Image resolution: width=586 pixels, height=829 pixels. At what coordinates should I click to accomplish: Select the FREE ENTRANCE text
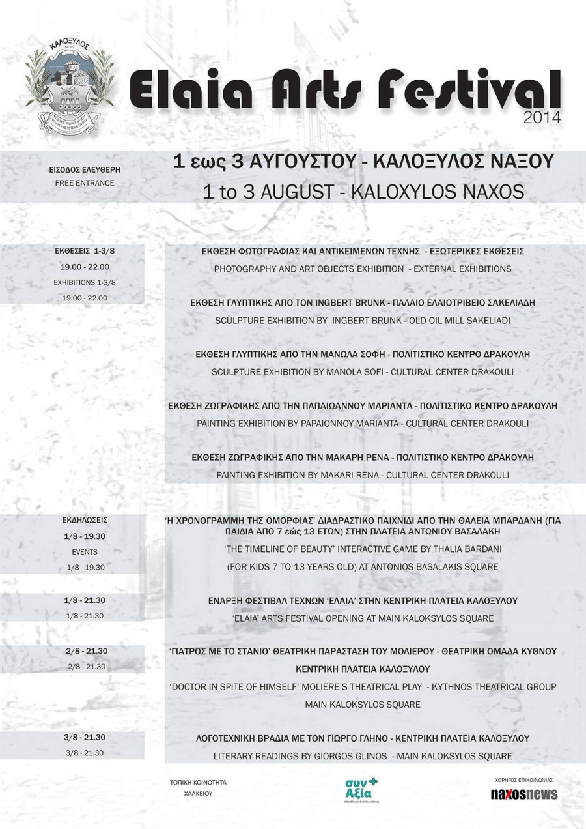[x=85, y=183]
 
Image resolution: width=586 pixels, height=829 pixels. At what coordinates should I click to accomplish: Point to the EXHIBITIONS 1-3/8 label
[x=84, y=282]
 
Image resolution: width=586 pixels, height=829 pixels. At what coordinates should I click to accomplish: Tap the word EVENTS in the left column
[x=85, y=552]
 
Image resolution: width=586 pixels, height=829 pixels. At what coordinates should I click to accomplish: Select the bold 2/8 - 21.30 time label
[x=86, y=651]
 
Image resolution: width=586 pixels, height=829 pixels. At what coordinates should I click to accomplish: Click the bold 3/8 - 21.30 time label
[x=85, y=737]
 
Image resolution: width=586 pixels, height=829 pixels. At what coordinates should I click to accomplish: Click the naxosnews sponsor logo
[x=524, y=794]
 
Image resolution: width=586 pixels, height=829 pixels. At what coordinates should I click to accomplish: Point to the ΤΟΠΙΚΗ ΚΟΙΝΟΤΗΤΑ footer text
[x=198, y=782]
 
